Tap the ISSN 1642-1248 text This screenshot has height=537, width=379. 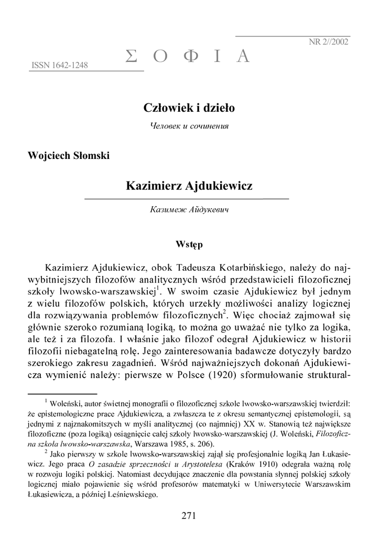(60, 66)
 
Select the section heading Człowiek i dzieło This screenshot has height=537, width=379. (189, 108)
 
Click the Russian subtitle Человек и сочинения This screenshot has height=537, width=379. (189, 126)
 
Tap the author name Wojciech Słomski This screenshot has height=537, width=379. (68, 156)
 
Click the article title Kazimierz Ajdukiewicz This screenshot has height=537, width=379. (189, 186)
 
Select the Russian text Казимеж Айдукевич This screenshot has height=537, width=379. (189, 210)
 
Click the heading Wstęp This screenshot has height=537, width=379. (189, 244)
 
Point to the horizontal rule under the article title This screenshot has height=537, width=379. (187, 199)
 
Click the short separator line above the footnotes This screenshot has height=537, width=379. (62, 393)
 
